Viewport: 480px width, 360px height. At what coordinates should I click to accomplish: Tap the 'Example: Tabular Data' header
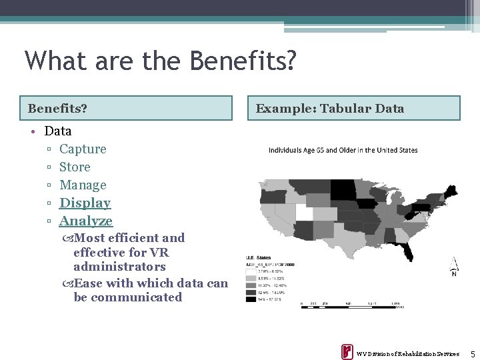[353, 108]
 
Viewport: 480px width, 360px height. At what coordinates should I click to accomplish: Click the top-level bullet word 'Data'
[58, 131]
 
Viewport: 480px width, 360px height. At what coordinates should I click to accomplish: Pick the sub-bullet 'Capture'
[83, 149]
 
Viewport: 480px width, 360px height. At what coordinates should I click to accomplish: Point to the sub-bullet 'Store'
[75, 167]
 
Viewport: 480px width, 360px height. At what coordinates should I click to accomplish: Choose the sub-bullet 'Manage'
[83, 185]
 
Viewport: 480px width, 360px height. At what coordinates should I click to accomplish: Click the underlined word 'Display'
[85, 203]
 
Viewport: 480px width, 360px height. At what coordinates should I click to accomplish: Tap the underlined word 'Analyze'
[86, 221]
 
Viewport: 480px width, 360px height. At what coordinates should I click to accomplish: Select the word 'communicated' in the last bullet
[136, 297]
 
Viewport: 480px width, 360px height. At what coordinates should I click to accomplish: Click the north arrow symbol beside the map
[454, 267]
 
